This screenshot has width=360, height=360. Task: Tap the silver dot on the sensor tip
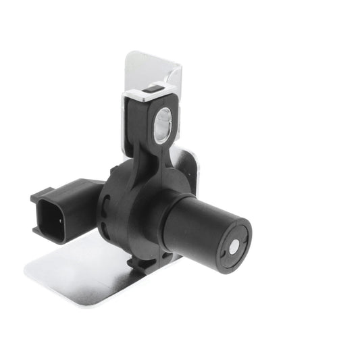pyautogui.click(x=234, y=247)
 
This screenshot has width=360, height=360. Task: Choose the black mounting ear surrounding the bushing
pyautogui.click(x=145, y=118)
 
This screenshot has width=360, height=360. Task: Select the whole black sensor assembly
pyautogui.click(x=142, y=196)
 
